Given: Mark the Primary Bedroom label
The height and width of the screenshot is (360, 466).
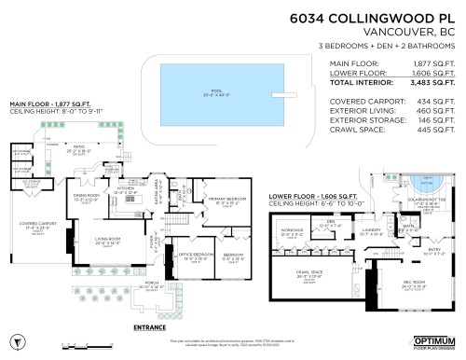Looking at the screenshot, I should coord(226,200).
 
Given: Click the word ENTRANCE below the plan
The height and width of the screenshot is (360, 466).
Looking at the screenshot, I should coord(152,327).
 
